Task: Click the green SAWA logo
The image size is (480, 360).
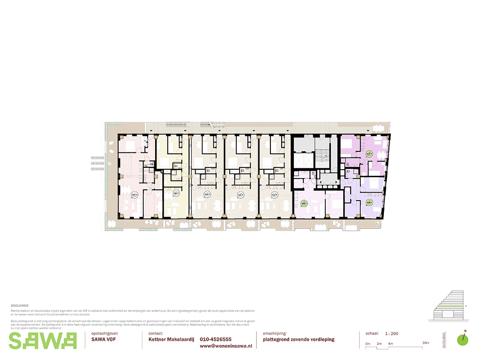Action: pos(42,340)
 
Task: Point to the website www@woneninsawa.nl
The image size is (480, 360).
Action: pos(226,346)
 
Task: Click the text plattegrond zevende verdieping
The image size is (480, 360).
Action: pos(299,339)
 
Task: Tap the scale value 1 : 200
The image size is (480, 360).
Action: pos(392,334)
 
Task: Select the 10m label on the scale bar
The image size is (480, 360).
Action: pos(426,344)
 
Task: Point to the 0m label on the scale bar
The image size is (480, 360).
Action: pos(368,344)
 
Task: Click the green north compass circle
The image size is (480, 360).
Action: pos(463,339)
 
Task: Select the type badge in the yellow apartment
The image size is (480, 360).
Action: pos(176,193)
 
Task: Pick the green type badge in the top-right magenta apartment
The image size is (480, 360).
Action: pos(369,153)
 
